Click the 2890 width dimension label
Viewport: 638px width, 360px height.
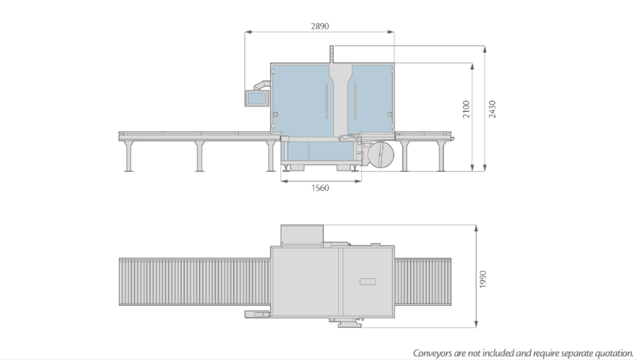pos(320,26)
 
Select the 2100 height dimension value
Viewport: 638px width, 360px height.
pos(466,109)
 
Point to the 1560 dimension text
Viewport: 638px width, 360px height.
pos(320,188)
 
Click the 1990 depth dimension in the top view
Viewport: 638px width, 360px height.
pos(483,278)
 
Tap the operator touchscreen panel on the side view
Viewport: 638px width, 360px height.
pos(256,98)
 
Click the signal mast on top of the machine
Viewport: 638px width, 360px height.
pos(333,54)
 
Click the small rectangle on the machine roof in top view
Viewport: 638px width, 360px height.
pos(368,282)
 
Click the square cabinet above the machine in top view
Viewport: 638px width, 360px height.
pos(302,235)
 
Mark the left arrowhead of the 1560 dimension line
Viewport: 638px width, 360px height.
pos(283,181)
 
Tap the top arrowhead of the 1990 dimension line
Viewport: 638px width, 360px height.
pos(476,227)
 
